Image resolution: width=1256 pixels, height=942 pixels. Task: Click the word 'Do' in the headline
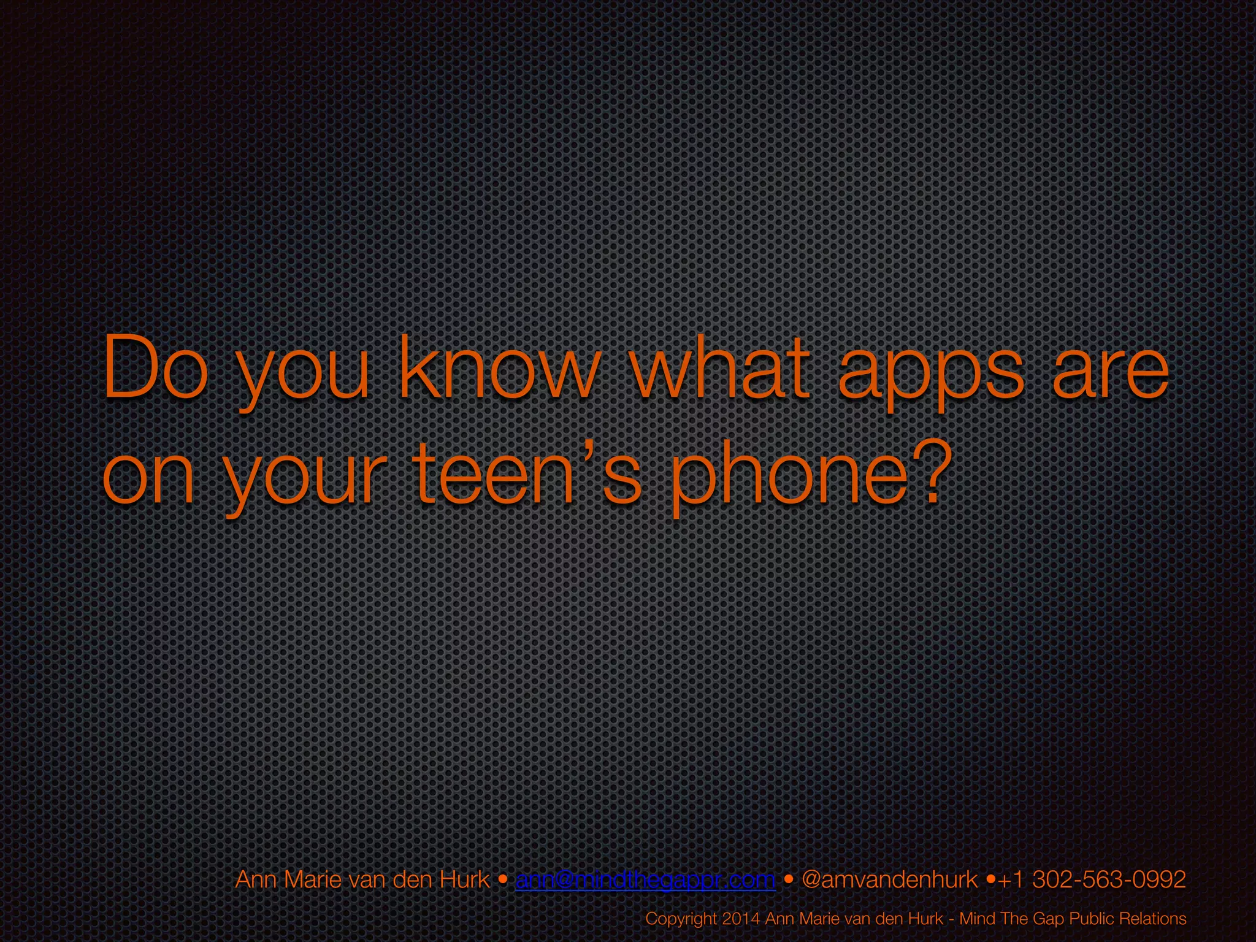[x=156, y=368]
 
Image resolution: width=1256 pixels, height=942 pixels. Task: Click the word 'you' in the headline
[x=304, y=374]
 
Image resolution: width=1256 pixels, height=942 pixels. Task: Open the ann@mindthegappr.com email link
[x=646, y=880]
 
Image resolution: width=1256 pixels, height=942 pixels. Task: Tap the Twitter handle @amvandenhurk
[x=889, y=880]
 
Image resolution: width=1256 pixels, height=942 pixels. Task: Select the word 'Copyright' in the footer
[x=681, y=919]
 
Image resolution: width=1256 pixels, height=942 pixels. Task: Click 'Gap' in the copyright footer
[x=1049, y=919]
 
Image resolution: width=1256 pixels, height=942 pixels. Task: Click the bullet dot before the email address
[x=503, y=880]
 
